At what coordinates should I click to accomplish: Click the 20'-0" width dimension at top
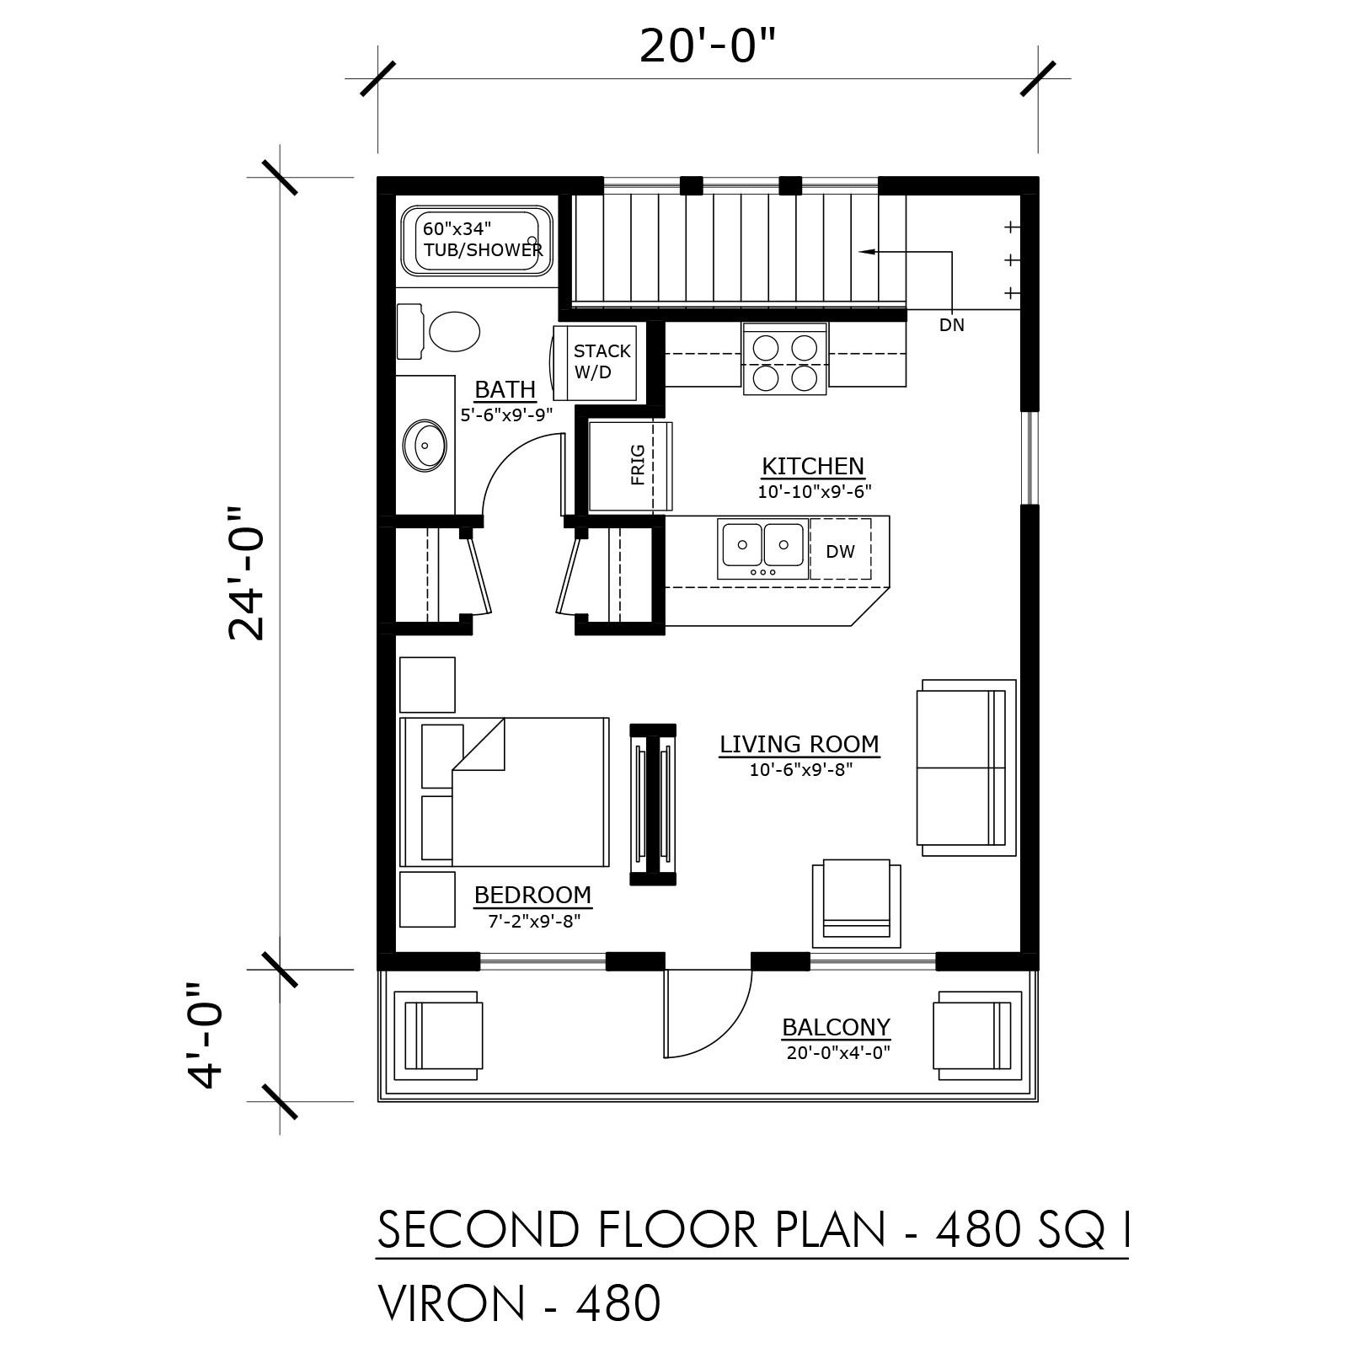(x=706, y=46)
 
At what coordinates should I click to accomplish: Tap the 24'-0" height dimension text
(x=247, y=574)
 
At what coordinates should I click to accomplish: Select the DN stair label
(x=951, y=325)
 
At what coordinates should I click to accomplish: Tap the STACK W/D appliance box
(x=602, y=362)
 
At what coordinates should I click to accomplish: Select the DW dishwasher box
(x=840, y=551)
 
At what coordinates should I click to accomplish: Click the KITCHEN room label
(x=812, y=466)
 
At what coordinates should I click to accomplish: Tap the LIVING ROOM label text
(x=799, y=745)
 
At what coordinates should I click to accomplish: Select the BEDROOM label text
(x=532, y=895)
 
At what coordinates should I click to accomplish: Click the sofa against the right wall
(x=965, y=767)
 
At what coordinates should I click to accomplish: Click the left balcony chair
(x=443, y=1035)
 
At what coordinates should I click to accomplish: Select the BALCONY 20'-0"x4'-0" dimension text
(x=837, y=1052)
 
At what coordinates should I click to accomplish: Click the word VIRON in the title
(x=452, y=1304)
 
